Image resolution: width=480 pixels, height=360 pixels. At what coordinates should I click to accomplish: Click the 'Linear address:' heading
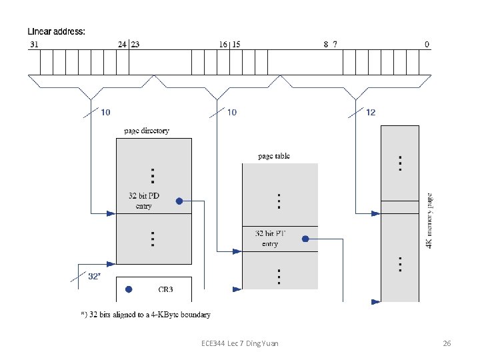tap(57, 31)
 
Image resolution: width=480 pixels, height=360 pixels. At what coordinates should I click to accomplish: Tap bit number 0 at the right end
tap(427, 45)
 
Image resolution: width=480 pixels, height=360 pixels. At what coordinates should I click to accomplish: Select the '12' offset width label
tap(371, 112)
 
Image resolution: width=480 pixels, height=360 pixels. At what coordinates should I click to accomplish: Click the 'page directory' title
tap(147, 131)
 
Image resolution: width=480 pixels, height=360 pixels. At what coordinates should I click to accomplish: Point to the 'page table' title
tap(274, 156)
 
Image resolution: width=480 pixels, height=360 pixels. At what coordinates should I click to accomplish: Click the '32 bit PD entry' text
tap(144, 201)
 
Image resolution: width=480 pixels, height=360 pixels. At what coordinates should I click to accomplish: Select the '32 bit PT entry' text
tap(270, 239)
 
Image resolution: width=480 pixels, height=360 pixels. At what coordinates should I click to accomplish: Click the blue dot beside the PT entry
tap(305, 238)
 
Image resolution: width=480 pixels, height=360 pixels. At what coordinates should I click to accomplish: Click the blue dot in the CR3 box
tap(129, 289)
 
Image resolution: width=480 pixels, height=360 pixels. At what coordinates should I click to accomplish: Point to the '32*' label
tap(94, 275)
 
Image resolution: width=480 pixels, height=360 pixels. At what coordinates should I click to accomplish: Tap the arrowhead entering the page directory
tap(111, 213)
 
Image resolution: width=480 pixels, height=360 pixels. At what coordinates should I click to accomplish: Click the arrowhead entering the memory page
tap(376, 213)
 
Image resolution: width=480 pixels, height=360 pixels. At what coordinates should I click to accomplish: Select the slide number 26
tap(447, 343)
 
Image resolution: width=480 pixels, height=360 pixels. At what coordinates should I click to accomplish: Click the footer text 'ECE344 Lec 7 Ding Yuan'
tap(239, 343)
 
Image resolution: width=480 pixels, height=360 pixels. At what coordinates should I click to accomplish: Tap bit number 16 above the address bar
tap(223, 45)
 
